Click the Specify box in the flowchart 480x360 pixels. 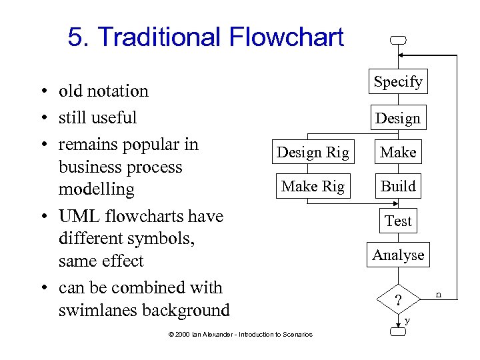tap(398, 82)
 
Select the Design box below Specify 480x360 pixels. tap(398, 119)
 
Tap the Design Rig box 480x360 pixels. tap(313, 153)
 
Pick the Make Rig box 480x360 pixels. tap(313, 187)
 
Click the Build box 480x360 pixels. tap(398, 187)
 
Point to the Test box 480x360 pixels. tap(398, 221)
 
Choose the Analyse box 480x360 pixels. tap(398, 255)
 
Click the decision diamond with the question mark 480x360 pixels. tap(398, 301)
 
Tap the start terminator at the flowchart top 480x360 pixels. tap(398, 41)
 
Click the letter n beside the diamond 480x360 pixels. tap(439, 293)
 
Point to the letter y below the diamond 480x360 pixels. tap(407, 321)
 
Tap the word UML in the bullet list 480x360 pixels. tap(77, 217)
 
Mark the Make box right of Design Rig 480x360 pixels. tap(398, 153)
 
